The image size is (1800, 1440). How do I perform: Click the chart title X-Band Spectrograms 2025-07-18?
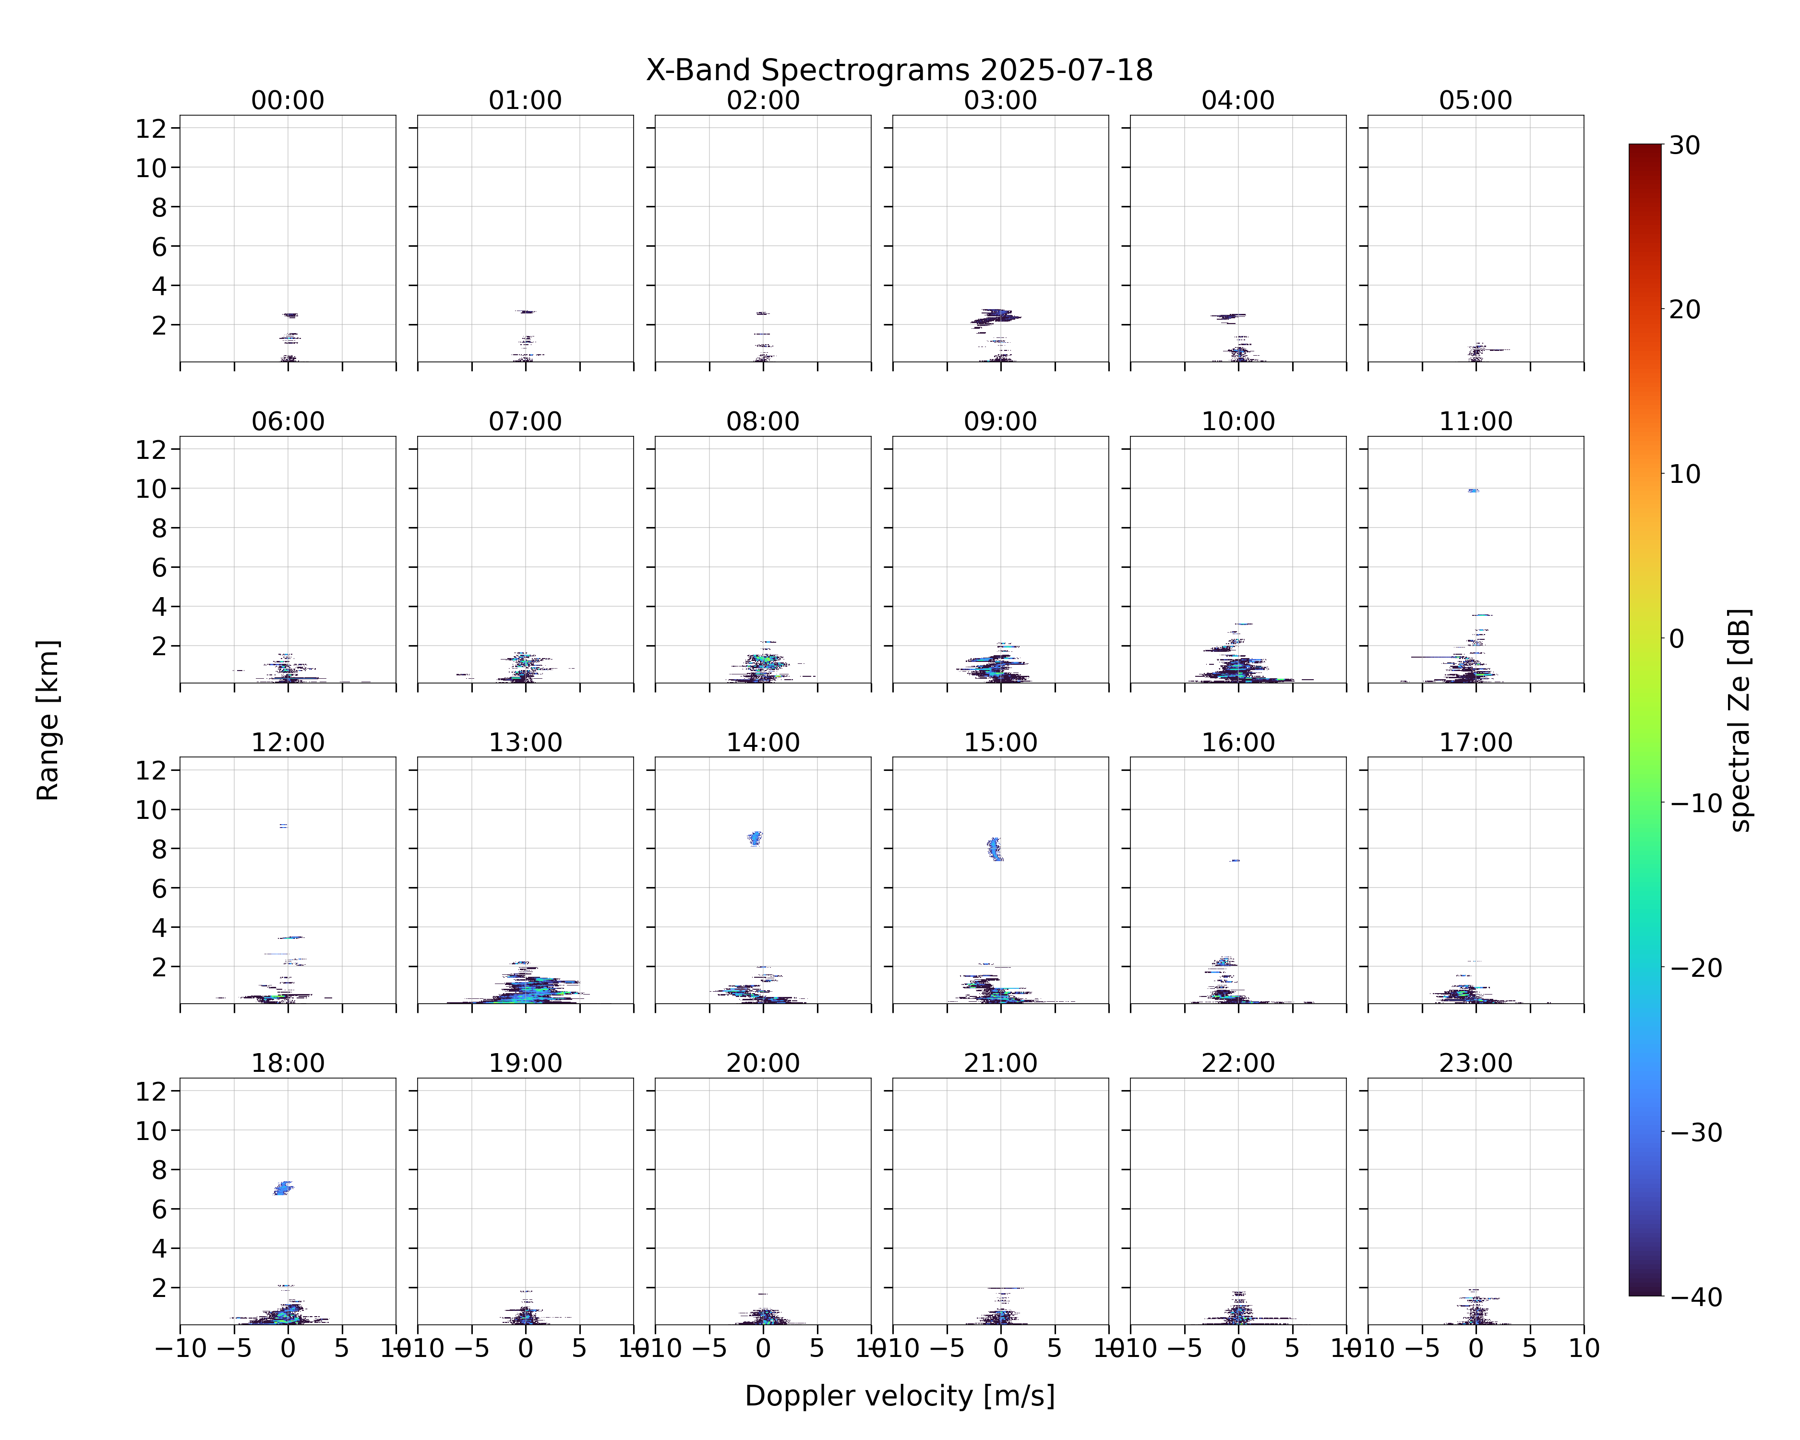pyautogui.click(x=899, y=70)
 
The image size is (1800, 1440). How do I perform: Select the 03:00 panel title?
pyautogui.click(x=1000, y=100)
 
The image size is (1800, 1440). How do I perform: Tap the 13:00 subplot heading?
pyautogui.click(x=525, y=742)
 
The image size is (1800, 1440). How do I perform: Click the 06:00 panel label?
pyautogui.click(x=288, y=421)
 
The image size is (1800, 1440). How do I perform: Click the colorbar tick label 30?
pyautogui.click(x=1685, y=145)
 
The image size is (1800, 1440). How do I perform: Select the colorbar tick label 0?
pyautogui.click(x=1677, y=638)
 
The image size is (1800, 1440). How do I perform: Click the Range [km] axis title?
pyautogui.click(x=48, y=720)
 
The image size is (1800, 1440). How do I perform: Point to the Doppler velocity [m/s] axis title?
pyautogui.click(x=899, y=1396)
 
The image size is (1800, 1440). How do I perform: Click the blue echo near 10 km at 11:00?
pyautogui.click(x=1474, y=491)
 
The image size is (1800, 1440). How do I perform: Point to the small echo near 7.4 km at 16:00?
pyautogui.click(x=1235, y=861)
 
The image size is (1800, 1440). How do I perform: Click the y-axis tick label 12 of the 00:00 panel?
pyautogui.click(x=152, y=129)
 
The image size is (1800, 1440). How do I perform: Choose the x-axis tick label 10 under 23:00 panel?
pyautogui.click(x=1584, y=1348)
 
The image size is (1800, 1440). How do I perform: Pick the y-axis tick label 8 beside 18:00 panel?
pyautogui.click(x=159, y=1170)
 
